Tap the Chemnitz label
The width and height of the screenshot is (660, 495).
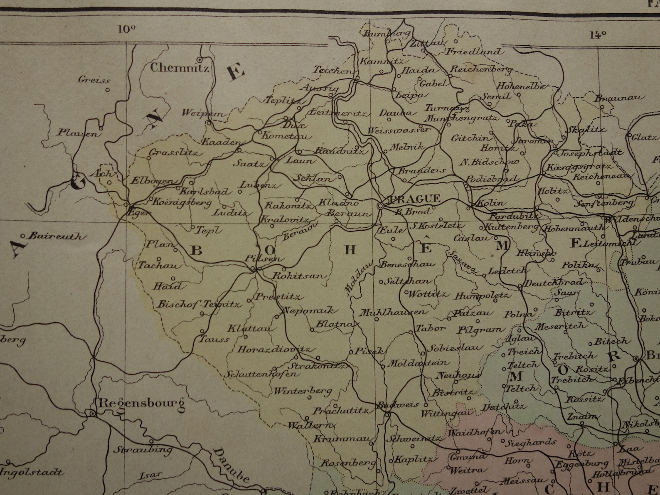(180, 68)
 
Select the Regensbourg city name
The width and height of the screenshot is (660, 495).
(141, 403)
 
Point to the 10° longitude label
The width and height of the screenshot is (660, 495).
(126, 29)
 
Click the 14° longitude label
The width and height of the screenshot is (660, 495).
(598, 35)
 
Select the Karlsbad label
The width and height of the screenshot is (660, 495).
(204, 192)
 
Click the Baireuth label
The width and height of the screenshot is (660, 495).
(58, 236)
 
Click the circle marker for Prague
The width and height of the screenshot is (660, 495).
(380, 206)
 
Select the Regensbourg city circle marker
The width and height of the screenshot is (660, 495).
(92, 413)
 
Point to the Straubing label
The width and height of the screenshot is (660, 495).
(137, 449)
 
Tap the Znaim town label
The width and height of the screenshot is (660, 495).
(582, 416)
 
